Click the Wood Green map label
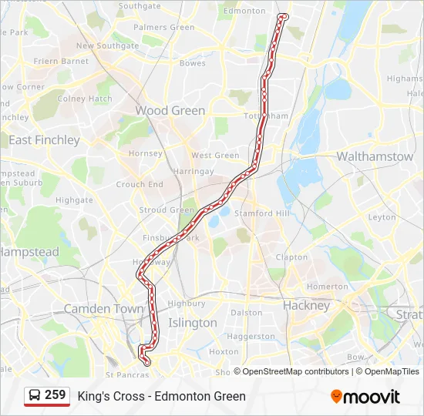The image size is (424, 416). click(x=170, y=110)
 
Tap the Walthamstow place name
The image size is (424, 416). click(x=375, y=156)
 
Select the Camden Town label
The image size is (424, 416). click(x=103, y=308)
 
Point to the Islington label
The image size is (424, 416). click(x=192, y=323)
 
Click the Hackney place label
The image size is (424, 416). click(x=305, y=305)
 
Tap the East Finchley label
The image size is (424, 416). click(x=44, y=140)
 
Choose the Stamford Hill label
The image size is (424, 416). click(x=264, y=213)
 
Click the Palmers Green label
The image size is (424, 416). click(x=163, y=27)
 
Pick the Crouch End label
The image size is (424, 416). click(x=140, y=185)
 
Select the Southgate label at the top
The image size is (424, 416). click(x=140, y=6)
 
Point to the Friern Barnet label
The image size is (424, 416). click(x=62, y=61)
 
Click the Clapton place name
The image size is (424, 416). click(x=291, y=257)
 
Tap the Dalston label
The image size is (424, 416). click(x=247, y=313)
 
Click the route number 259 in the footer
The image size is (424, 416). click(x=55, y=395)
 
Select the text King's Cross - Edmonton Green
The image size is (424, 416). click(x=161, y=396)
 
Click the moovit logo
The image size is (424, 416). click(x=365, y=397)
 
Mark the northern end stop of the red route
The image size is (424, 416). click(x=284, y=16)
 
